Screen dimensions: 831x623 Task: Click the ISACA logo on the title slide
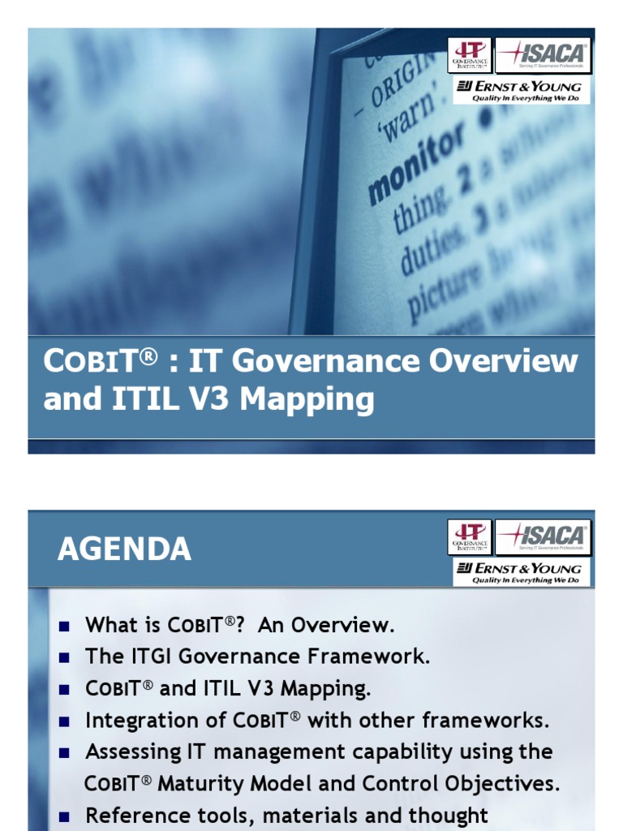[543, 55]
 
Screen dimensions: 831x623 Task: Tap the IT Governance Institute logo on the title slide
[470, 55]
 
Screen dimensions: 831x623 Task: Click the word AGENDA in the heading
[124, 550]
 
